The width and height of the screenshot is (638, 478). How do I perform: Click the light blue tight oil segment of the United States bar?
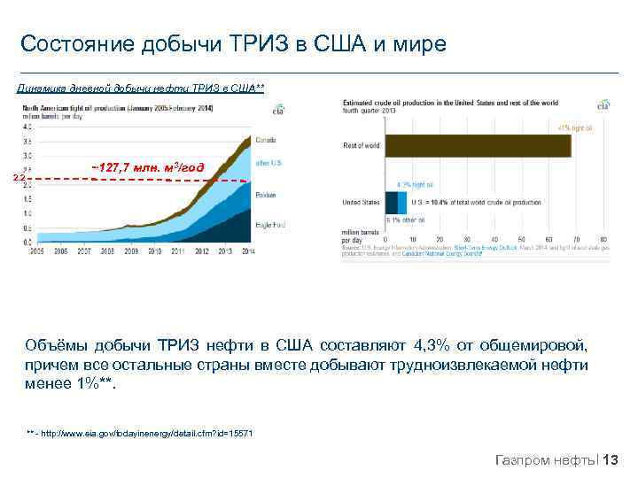pos(390,203)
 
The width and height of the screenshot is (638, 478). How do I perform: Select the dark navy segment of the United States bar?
pos(385,203)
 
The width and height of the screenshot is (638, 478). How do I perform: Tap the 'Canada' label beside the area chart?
pos(266,140)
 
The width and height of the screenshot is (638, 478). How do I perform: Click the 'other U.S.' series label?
pos(268,163)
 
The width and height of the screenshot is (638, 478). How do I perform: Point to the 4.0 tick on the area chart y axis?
pos(27,127)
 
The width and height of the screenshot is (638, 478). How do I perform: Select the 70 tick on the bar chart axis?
pos(576,239)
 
